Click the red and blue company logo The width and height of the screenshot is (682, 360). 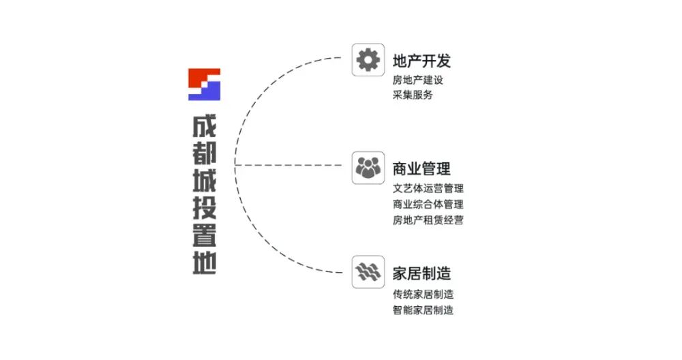coord(204,84)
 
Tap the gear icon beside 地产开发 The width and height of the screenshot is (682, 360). coord(368,60)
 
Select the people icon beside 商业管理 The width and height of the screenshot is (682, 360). coord(368,167)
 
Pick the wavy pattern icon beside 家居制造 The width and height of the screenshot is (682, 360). coord(368,272)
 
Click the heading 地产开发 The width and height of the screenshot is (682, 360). coord(422,61)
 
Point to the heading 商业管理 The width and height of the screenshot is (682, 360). coord(422,168)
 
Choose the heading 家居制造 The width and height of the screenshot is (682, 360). coord(422,273)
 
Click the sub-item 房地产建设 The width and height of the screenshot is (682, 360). coord(418,80)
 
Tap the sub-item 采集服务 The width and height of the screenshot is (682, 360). coord(413,95)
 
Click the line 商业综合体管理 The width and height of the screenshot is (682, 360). coord(428,204)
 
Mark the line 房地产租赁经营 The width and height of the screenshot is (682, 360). coord(428,220)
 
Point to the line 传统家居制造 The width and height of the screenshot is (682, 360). coord(424,295)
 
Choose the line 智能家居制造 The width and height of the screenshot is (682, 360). coord(424,310)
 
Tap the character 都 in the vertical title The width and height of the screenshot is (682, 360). coord(204,155)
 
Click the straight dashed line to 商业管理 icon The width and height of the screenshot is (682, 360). coord(293,165)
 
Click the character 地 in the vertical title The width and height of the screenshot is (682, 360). coord(204,262)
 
